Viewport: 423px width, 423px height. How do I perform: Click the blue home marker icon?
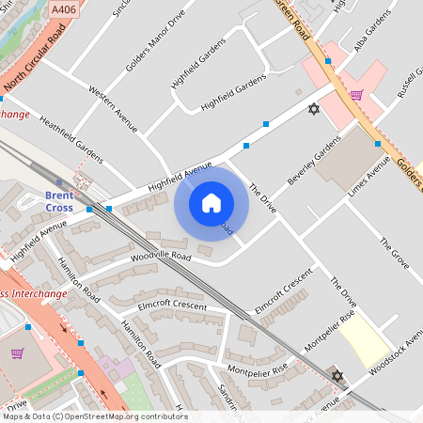tap(211, 202)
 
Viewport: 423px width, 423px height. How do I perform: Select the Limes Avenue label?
tap(368, 176)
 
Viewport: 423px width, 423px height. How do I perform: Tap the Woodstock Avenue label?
tap(398, 353)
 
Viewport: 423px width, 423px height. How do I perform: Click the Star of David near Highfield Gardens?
tap(314, 110)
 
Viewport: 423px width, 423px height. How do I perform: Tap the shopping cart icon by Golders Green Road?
tap(356, 94)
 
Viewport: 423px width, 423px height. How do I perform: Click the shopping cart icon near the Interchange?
tap(17, 353)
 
